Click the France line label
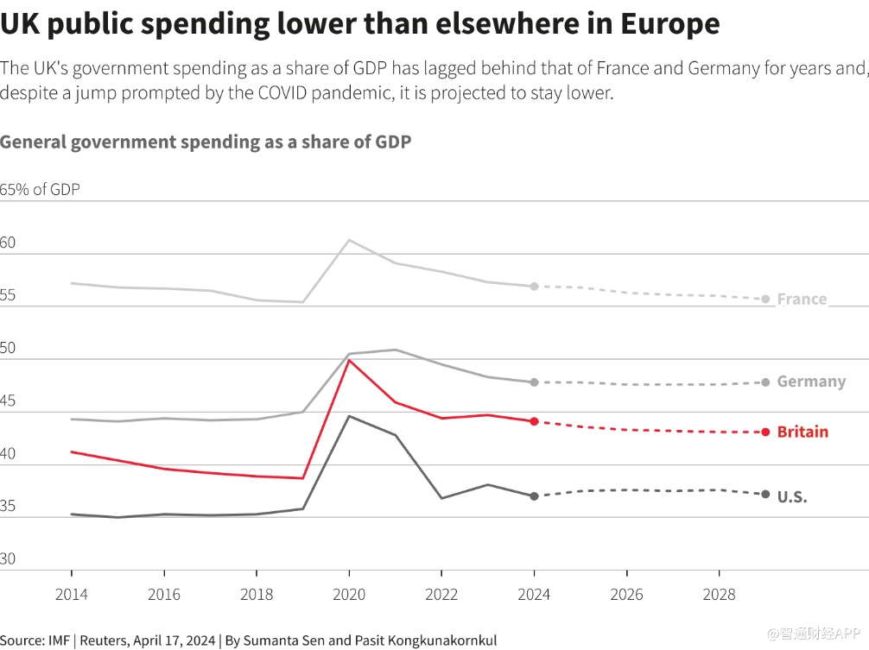(802, 300)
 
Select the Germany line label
(811, 382)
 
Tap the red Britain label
(802, 432)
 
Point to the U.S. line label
(791, 496)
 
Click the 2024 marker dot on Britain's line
(534, 421)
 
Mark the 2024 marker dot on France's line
(534, 286)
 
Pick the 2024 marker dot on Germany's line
(534, 382)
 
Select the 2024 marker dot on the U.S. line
(534, 496)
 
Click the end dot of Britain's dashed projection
(765, 432)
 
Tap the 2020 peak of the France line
(348, 240)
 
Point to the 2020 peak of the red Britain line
(348, 360)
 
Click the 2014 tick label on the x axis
(71, 595)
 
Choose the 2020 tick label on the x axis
(348, 595)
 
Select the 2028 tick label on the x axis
(719, 595)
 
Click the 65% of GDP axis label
(40, 190)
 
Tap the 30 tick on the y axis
(9, 559)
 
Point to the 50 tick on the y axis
(9, 348)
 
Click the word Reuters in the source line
(107, 641)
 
